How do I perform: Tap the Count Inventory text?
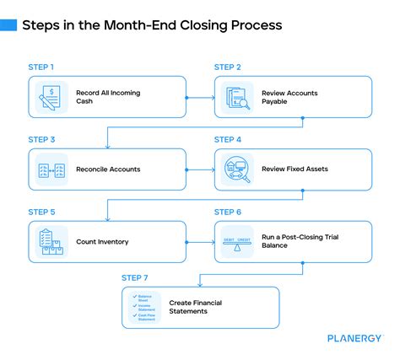[101, 242]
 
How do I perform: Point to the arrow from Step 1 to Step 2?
[199, 97]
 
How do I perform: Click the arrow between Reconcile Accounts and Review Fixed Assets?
[199, 169]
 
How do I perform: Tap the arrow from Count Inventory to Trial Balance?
[199, 242]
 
